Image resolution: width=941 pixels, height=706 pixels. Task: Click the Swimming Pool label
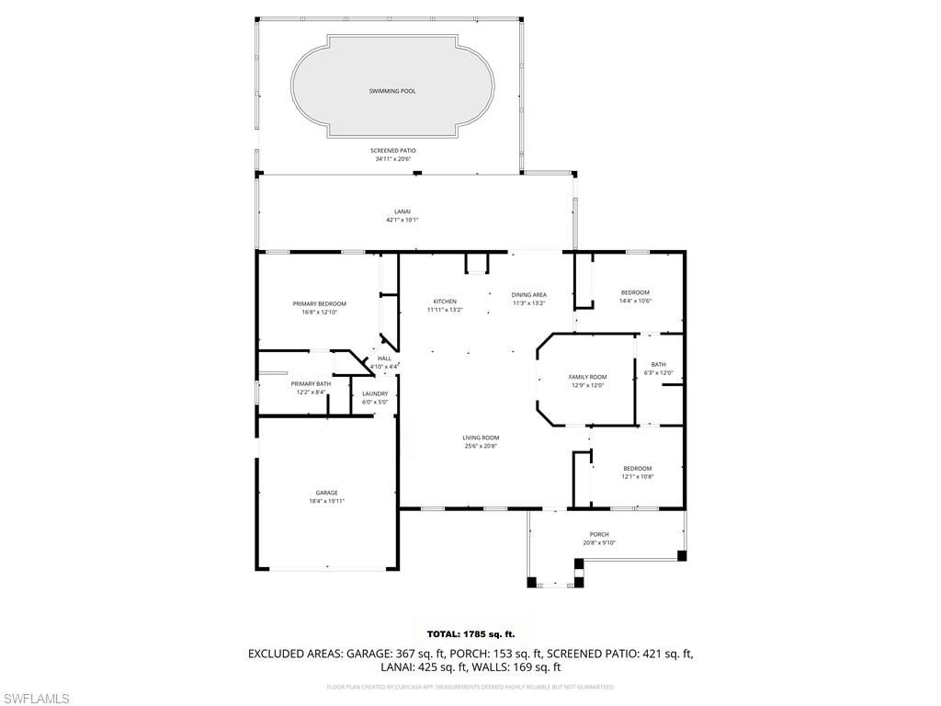click(392, 91)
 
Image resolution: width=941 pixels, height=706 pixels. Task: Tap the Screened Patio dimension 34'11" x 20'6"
click(392, 159)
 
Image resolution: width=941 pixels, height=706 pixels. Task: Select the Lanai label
click(401, 212)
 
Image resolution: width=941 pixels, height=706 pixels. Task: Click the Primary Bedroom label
click(319, 304)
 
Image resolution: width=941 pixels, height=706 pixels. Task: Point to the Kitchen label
click(445, 302)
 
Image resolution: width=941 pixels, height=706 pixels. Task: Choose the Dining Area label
click(528, 295)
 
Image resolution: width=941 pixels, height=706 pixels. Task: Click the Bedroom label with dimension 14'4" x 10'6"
click(634, 292)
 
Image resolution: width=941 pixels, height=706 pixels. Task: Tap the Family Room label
click(587, 377)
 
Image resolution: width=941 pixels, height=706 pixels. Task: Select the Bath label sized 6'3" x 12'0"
click(658, 365)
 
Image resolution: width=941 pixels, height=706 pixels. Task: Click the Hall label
click(384, 359)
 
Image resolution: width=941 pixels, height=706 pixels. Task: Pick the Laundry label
click(375, 393)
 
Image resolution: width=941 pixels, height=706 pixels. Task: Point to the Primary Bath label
click(311, 383)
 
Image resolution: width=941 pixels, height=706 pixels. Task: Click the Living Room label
click(481, 438)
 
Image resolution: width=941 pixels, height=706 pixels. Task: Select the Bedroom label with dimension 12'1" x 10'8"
click(636, 469)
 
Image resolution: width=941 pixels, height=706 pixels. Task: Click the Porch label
click(599, 534)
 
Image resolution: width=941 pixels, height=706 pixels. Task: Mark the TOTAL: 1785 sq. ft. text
click(470, 634)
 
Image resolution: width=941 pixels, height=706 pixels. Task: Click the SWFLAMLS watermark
click(36, 699)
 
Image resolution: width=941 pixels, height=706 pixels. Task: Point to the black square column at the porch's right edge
click(681, 555)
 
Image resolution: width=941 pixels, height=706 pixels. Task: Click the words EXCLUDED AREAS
click(294, 654)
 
